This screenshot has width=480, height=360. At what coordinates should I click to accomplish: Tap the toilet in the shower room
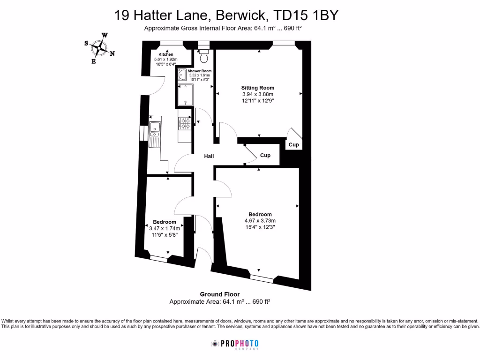pyautogui.click(x=204, y=56)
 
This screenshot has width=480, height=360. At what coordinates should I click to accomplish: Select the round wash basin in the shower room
pyautogui.click(x=182, y=75)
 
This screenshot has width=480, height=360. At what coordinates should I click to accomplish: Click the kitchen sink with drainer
pyautogui.click(x=155, y=134)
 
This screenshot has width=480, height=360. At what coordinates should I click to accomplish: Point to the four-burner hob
pyautogui.click(x=184, y=123)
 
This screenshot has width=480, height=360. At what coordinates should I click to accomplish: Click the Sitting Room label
pyautogui.click(x=258, y=88)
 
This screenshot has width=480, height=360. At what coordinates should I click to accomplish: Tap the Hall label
pyautogui.click(x=209, y=156)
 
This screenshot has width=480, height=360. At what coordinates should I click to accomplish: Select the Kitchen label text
pyautogui.click(x=165, y=55)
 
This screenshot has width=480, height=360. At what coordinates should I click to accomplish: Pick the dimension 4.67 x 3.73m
pyautogui.click(x=260, y=221)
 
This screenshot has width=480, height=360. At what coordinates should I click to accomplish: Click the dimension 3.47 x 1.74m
pyautogui.click(x=165, y=228)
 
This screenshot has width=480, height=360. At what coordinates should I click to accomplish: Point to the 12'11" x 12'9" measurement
pyautogui.click(x=258, y=100)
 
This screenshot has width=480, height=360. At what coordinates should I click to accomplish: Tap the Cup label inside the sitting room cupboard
pyautogui.click(x=294, y=145)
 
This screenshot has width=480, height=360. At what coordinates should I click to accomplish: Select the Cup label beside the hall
pyautogui.click(x=265, y=155)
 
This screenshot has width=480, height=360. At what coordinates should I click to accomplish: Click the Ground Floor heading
pyautogui.click(x=220, y=294)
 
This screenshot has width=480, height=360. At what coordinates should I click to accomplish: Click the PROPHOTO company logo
pyautogui.click(x=234, y=344)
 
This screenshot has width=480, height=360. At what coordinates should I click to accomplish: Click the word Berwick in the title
pyautogui.click(x=240, y=15)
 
